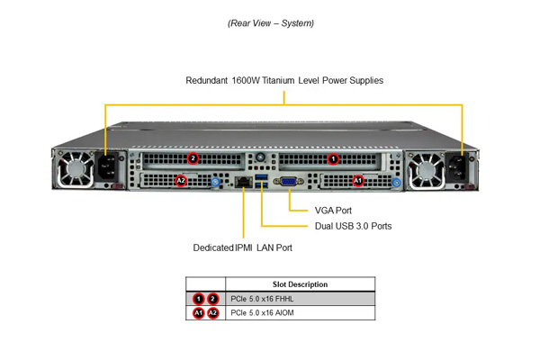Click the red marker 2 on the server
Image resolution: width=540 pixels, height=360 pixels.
[x=193, y=158]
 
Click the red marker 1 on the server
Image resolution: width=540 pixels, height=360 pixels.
[x=333, y=159]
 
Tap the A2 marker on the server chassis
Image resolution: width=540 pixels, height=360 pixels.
[x=181, y=181]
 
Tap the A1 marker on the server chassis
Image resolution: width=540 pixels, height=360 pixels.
[x=358, y=181]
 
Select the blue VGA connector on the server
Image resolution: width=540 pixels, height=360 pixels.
[x=288, y=181]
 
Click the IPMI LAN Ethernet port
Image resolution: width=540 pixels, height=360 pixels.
[x=244, y=181]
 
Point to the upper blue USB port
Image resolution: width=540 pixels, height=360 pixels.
[x=261, y=177]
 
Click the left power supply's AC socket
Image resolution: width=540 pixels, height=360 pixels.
[x=107, y=166]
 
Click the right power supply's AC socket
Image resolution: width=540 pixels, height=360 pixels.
[x=457, y=168]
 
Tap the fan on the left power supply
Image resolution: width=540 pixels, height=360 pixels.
[x=75, y=169]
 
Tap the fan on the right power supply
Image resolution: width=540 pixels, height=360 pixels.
[x=427, y=170]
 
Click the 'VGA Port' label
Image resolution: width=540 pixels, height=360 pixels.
[x=333, y=211]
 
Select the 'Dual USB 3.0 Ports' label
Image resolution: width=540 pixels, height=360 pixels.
[x=353, y=226]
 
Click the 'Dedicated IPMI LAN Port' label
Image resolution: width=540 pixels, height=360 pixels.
[x=242, y=247]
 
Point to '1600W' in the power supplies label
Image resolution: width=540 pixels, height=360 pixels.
[x=246, y=80]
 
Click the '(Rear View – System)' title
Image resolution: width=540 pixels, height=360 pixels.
[x=271, y=23]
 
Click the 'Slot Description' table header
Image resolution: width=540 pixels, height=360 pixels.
[x=300, y=284]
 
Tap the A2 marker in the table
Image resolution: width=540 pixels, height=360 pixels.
[x=212, y=313]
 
